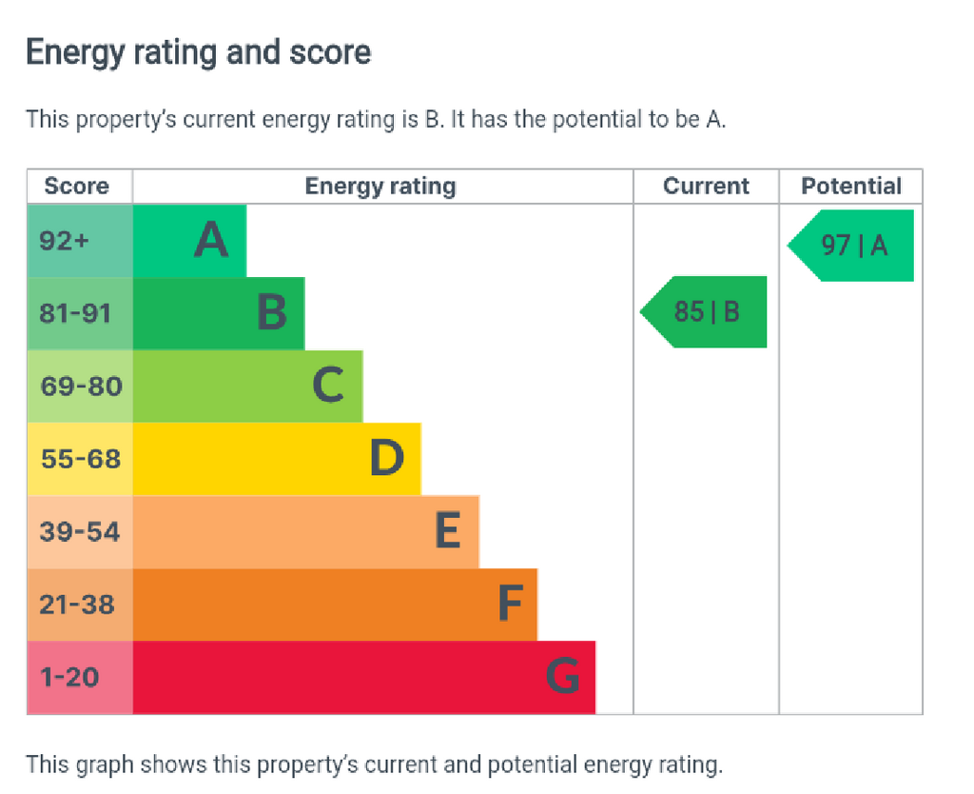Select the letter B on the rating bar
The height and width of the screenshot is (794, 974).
tap(272, 311)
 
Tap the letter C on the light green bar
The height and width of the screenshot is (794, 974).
tap(328, 385)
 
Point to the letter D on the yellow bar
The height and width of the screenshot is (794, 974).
tap(386, 458)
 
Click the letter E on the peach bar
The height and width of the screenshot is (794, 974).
tap(448, 530)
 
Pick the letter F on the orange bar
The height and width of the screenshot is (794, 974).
tap(510, 603)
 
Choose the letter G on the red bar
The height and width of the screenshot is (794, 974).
tap(563, 676)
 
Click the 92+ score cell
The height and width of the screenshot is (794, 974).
tap(64, 241)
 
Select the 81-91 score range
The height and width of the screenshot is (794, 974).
tap(75, 313)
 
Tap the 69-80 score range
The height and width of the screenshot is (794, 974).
tap(82, 387)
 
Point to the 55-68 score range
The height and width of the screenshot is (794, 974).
tap(81, 459)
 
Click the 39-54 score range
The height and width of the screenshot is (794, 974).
tap(80, 531)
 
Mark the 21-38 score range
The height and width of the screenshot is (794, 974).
tap(77, 605)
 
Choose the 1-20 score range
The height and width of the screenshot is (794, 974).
tap(69, 677)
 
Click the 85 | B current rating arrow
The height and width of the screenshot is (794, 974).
tap(703, 311)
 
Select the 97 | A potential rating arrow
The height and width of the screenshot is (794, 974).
tap(850, 246)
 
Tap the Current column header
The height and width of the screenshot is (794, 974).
tap(707, 186)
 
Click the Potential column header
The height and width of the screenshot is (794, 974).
tap(851, 186)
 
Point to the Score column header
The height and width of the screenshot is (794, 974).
tap(76, 186)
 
